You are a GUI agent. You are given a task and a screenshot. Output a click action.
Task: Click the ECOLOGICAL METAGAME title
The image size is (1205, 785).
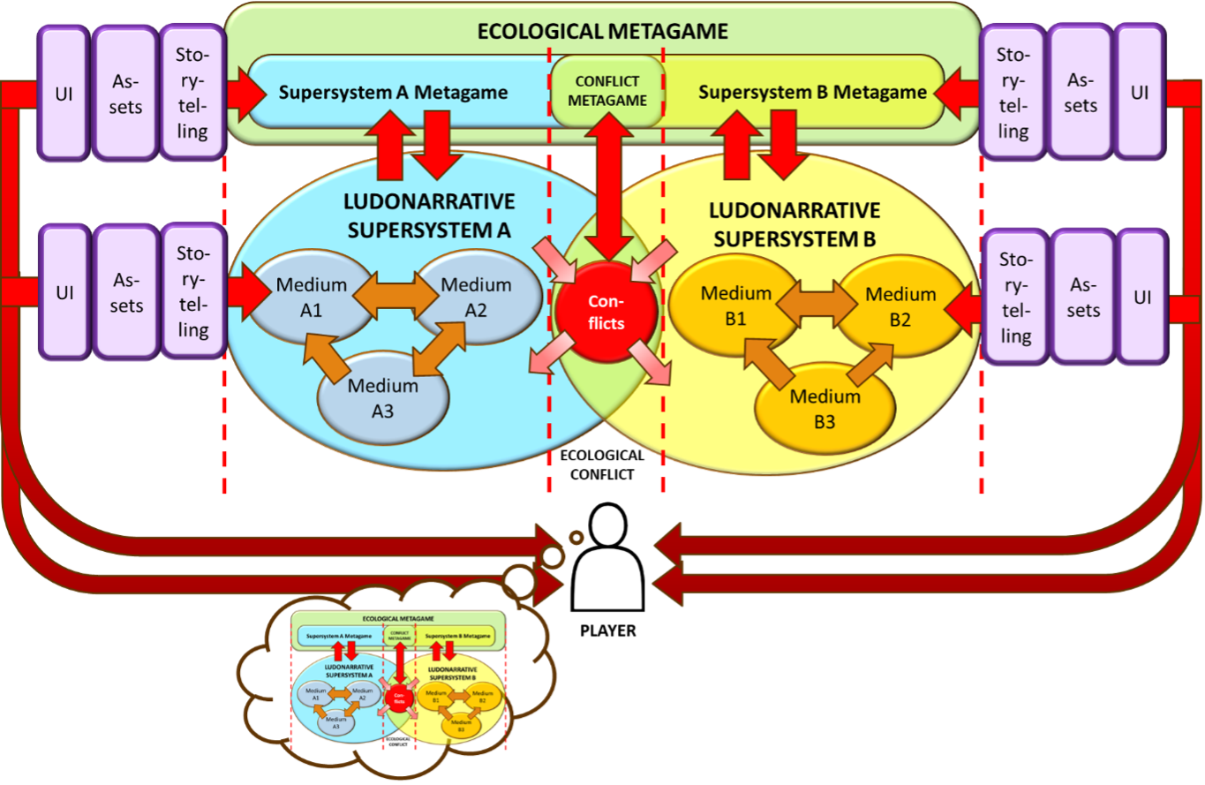coord(602,32)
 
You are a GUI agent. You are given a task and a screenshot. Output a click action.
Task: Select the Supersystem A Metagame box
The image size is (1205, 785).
coord(393,93)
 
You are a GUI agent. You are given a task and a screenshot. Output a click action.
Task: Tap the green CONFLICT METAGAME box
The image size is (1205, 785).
coord(607,91)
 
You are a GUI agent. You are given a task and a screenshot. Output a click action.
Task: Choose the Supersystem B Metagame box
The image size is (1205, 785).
coord(812,93)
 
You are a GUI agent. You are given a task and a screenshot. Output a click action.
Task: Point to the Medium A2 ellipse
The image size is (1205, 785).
coord(476,295)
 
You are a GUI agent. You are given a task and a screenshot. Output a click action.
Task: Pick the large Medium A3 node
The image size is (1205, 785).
coord(382,397)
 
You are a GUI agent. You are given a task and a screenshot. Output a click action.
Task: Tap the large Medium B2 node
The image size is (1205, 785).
coord(900,306)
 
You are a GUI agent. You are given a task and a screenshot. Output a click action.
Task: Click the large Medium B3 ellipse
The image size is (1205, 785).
coord(825,408)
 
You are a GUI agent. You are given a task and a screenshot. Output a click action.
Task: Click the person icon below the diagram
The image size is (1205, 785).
coord(606,556)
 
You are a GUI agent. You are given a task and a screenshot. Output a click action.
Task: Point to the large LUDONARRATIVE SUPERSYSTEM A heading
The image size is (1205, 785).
coord(429,216)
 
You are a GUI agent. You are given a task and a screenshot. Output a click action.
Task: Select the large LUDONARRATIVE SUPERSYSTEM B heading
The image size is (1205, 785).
coord(795,224)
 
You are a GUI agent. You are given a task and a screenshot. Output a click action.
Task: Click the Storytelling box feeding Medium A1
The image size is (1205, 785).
coord(192,292)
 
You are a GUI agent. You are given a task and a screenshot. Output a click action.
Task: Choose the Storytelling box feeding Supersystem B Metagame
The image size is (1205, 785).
coord(1013,94)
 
